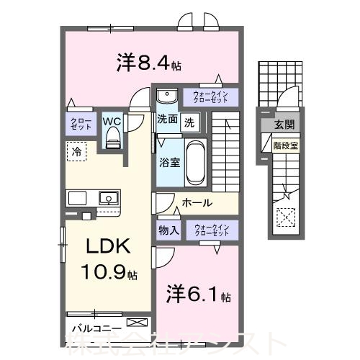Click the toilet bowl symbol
(111, 140)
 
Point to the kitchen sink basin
(109, 197)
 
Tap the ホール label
(196, 203)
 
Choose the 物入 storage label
(168, 230)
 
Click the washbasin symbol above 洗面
(167, 95)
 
